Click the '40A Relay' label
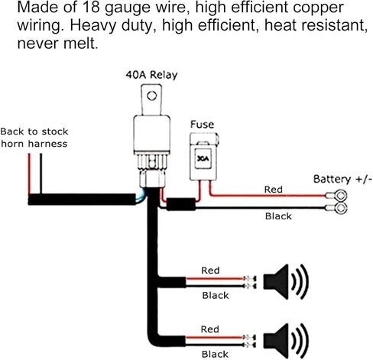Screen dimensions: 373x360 151,75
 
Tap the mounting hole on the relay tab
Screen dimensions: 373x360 151,96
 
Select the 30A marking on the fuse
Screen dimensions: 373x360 203,159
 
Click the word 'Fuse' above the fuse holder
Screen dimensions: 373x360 202,125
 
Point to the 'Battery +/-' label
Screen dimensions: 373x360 342,179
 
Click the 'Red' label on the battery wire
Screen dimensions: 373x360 274,190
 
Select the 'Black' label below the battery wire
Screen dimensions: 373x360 278,216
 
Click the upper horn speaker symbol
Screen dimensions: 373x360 286,281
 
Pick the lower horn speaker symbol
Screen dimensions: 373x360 286,341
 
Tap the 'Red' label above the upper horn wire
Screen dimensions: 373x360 210,271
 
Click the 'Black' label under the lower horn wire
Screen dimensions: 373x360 215,354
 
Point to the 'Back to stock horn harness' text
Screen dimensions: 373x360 34,138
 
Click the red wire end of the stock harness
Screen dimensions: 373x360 29,154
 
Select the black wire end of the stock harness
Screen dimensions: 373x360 41,154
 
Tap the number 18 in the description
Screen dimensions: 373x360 90,7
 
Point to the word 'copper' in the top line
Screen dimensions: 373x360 318,8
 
